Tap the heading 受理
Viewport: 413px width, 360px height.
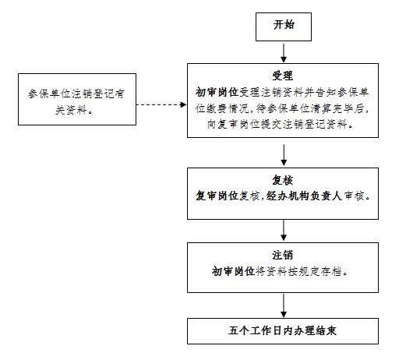coord(283,76)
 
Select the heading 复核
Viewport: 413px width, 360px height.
coord(283,181)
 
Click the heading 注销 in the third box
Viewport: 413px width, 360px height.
coord(283,255)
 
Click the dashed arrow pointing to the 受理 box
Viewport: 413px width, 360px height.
coord(161,105)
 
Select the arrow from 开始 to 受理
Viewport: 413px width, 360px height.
coord(284,53)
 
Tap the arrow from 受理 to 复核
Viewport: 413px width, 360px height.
coord(284,155)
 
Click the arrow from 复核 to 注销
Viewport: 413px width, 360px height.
coord(284,230)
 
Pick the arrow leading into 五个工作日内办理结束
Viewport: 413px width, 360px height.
coord(284,305)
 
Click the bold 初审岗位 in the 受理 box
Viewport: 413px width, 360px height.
coord(217,92)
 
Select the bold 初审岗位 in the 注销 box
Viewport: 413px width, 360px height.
coord(233,271)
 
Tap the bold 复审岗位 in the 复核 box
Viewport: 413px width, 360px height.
coord(217,196)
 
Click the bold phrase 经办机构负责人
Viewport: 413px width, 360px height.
coord(304,196)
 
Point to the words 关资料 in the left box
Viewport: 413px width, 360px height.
coord(71,110)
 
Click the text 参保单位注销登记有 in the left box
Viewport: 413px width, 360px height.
coord(76,94)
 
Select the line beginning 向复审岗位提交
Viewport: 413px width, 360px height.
coord(280,124)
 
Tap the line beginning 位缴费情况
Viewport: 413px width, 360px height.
coord(282,108)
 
